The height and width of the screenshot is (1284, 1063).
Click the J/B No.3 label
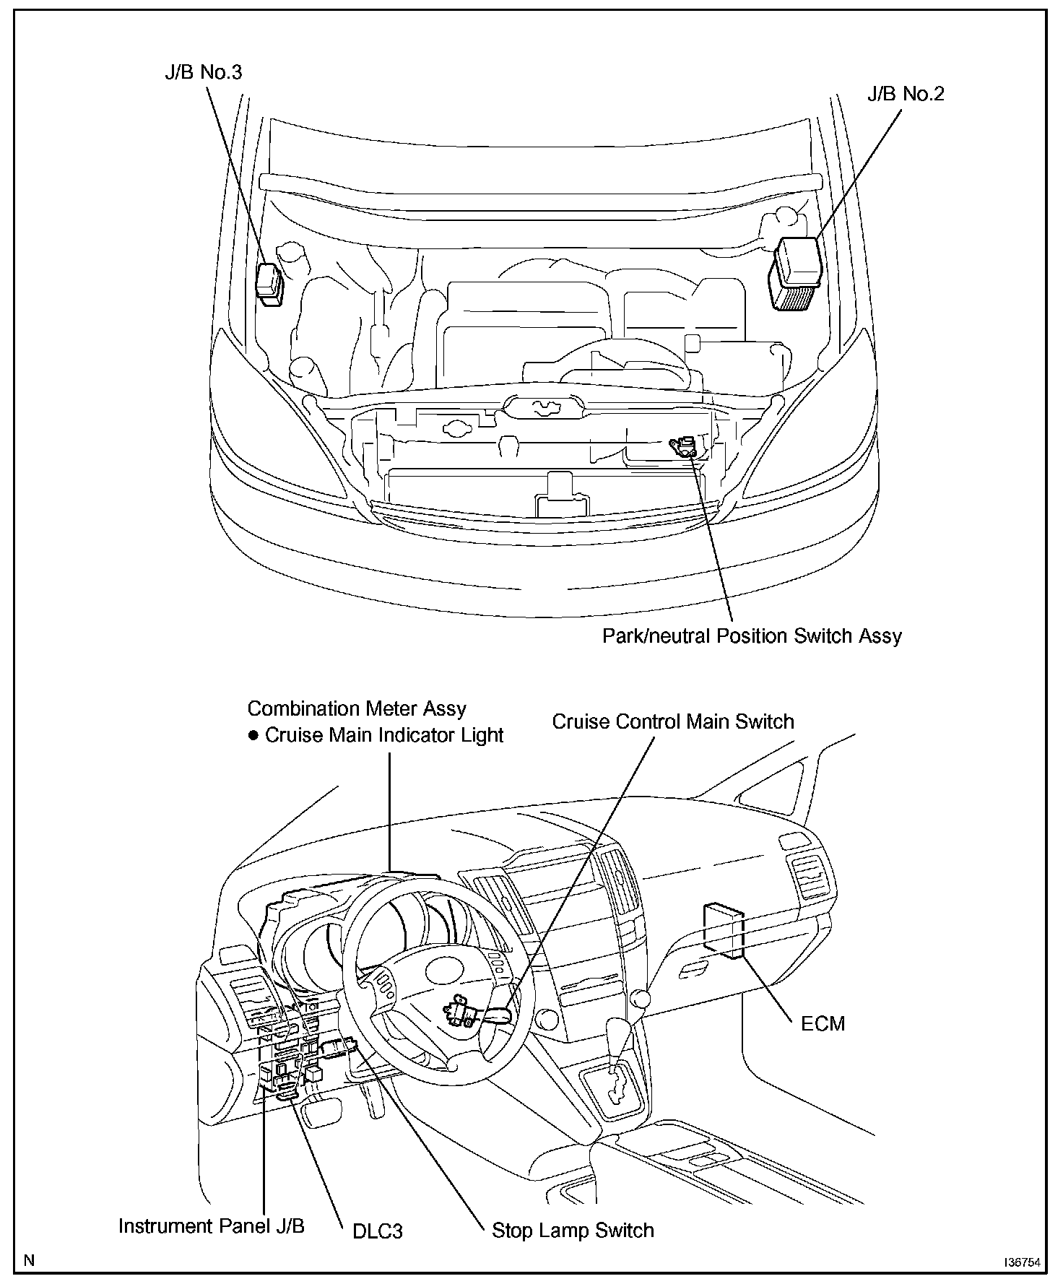[x=203, y=72]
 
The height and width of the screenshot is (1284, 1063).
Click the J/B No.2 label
[x=906, y=94]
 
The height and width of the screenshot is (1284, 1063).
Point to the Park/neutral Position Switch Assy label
[x=752, y=636]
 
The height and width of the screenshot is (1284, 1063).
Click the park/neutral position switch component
[x=684, y=446]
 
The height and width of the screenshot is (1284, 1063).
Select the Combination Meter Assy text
[x=357, y=708]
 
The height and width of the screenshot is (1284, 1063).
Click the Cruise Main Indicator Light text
[x=384, y=735]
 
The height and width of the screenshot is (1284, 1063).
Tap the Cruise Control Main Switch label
[x=672, y=721]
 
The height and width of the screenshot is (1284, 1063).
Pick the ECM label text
[x=823, y=1023]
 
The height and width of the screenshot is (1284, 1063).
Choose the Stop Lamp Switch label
[x=573, y=1231]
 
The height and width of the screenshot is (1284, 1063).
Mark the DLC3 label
[x=377, y=1231]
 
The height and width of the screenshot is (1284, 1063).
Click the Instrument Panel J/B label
[x=211, y=1226]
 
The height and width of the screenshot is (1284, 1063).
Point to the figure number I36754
[x=1021, y=1263]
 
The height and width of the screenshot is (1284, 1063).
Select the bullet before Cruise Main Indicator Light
[x=253, y=736]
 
